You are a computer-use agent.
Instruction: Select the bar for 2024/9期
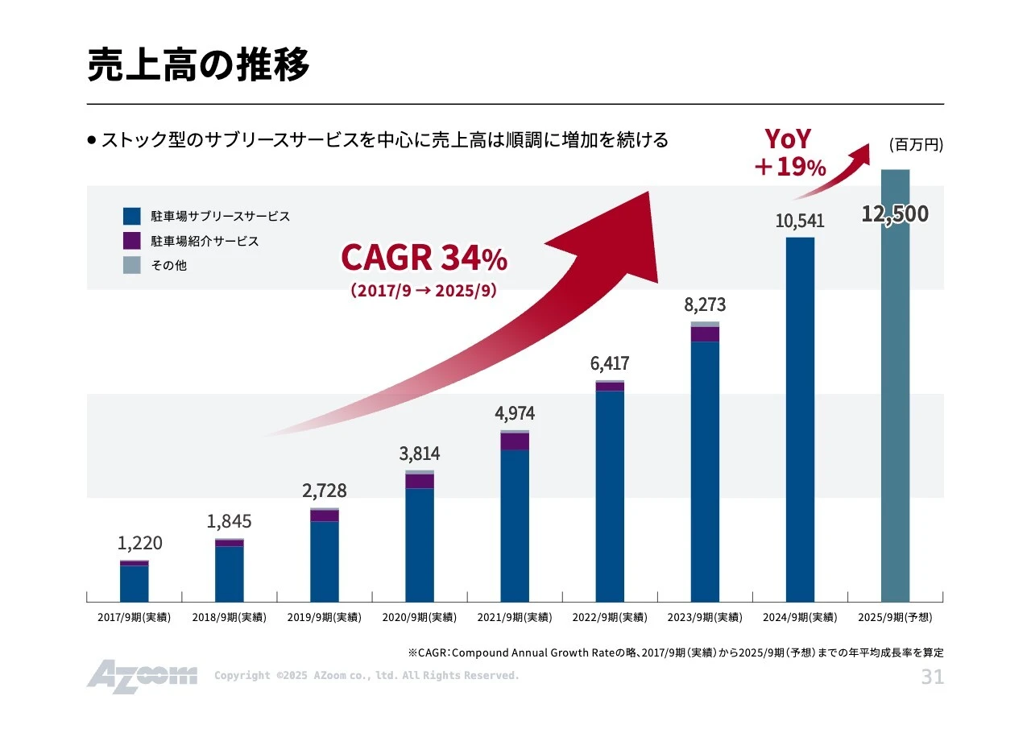coord(800,419)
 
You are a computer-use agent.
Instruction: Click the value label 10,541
coord(800,221)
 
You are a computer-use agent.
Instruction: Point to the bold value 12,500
coord(894,214)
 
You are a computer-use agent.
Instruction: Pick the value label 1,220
coord(139,544)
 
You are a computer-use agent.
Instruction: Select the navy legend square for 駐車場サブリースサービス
coord(132,217)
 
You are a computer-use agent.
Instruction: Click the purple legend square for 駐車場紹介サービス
coord(132,241)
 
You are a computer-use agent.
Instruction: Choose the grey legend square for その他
coord(132,264)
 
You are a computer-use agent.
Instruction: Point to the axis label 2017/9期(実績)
coord(135,618)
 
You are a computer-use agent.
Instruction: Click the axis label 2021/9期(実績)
coord(515,618)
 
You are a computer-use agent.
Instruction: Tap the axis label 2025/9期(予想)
coord(895,618)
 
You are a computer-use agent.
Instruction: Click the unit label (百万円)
coord(915,145)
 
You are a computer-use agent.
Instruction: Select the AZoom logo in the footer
coord(142,676)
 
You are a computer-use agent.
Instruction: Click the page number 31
coord(932,677)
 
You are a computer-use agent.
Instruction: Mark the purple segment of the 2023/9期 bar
coord(705,334)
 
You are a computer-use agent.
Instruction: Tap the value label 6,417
coord(610,363)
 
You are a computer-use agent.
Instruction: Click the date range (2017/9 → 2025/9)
coord(424,291)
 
